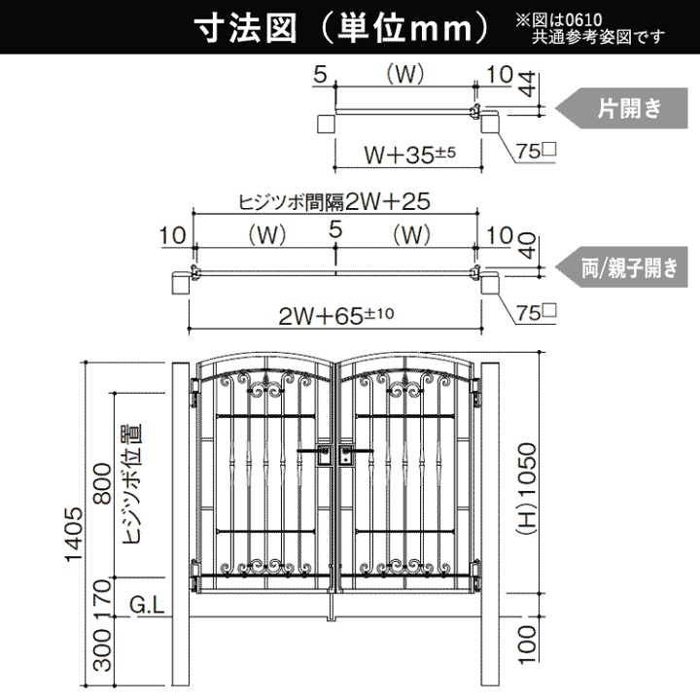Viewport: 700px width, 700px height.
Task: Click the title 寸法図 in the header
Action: click(246, 29)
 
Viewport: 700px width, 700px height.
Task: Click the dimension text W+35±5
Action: click(410, 155)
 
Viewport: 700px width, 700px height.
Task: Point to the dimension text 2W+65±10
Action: click(335, 316)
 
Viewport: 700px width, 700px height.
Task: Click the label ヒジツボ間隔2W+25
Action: click(334, 202)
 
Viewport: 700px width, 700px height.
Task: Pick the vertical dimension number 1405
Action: click(74, 535)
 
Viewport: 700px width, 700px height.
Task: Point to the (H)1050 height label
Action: click(527, 489)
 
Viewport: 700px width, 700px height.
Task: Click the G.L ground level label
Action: click(147, 606)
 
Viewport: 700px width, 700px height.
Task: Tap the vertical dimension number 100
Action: click(528, 645)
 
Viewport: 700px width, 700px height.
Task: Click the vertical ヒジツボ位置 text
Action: click(131, 484)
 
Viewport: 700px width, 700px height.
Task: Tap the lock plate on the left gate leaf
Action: click(324, 455)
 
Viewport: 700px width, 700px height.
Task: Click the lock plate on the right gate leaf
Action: click(345, 455)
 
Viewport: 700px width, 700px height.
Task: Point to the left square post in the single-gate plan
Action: click(327, 123)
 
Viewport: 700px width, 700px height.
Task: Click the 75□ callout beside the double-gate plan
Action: click(536, 312)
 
